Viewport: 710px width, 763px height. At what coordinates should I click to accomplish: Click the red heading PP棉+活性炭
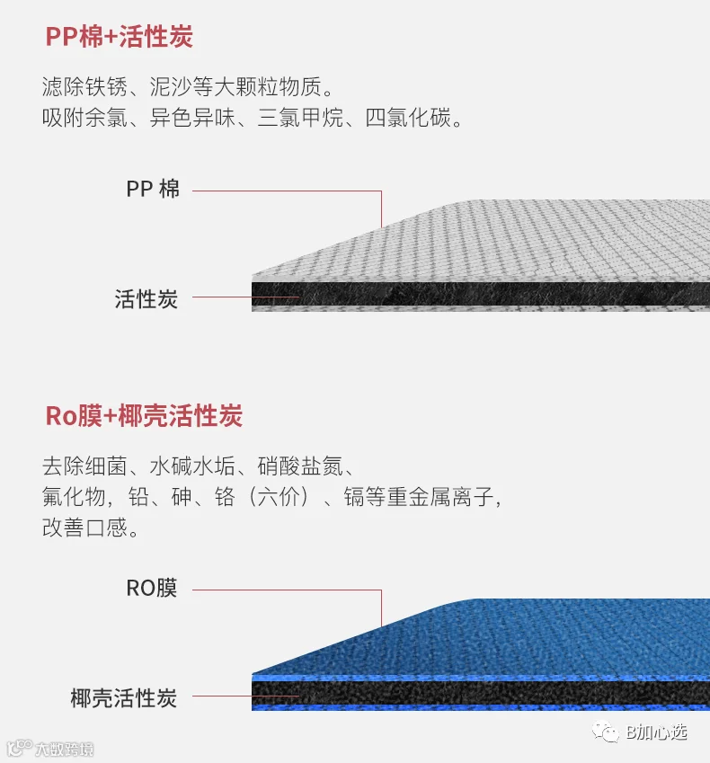120,37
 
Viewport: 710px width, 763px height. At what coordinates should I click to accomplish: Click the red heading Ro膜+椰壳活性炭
144,416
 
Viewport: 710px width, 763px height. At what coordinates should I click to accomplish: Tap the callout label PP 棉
153,189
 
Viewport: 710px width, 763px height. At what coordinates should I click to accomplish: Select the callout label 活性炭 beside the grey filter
146,298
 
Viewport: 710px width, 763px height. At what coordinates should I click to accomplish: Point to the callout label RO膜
152,588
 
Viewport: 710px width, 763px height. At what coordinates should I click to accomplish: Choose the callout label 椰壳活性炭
124,697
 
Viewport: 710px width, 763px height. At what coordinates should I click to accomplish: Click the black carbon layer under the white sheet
480,294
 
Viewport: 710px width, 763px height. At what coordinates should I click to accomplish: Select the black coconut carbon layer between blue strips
480,693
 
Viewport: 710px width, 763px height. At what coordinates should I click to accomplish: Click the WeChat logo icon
605,732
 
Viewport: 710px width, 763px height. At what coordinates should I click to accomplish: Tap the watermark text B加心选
656,732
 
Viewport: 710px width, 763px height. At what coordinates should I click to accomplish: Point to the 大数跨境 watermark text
64,749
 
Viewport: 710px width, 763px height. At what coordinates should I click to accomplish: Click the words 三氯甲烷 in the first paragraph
300,118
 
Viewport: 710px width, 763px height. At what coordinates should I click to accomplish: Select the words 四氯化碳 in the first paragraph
408,118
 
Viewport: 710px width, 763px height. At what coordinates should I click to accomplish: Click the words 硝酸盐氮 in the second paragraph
300,466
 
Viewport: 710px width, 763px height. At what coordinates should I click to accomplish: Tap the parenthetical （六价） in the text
279,497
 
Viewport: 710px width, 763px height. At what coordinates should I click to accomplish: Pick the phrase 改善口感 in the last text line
84,528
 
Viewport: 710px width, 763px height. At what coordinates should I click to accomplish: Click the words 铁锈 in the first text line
106,87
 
